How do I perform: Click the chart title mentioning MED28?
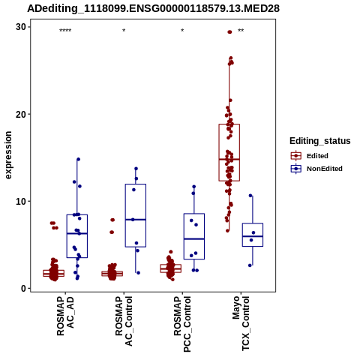[153, 9]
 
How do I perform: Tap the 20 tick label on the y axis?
[21, 114]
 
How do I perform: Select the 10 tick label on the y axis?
[21, 201]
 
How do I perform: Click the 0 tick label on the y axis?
[24, 289]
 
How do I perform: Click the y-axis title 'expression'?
[8, 155]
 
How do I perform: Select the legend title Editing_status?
[320, 141]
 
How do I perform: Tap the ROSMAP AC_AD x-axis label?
[65, 316]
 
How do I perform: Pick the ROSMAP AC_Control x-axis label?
[124, 321]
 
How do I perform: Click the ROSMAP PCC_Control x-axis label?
[182, 324]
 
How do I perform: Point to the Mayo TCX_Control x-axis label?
[241, 323]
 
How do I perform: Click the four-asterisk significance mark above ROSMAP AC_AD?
[65, 31]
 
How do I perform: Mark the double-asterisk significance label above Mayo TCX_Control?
[241, 31]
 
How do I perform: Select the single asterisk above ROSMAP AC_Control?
[124, 31]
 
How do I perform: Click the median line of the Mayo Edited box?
[229, 159]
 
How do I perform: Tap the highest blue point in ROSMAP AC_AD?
[78, 159]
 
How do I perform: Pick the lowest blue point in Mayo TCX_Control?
[250, 265]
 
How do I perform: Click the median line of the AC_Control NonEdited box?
[136, 220]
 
